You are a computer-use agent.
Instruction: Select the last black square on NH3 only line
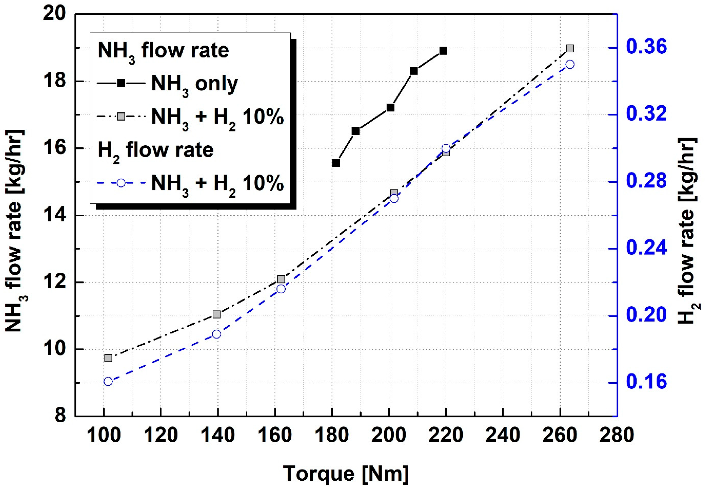click(443, 51)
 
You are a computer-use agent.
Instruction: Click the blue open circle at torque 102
click(108, 381)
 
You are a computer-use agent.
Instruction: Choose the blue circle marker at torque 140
click(217, 334)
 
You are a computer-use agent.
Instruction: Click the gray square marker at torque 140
click(217, 314)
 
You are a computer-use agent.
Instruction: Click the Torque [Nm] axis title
click(345, 473)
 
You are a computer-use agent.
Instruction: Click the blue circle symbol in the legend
click(121, 183)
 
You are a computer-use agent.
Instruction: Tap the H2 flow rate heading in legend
click(156, 150)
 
